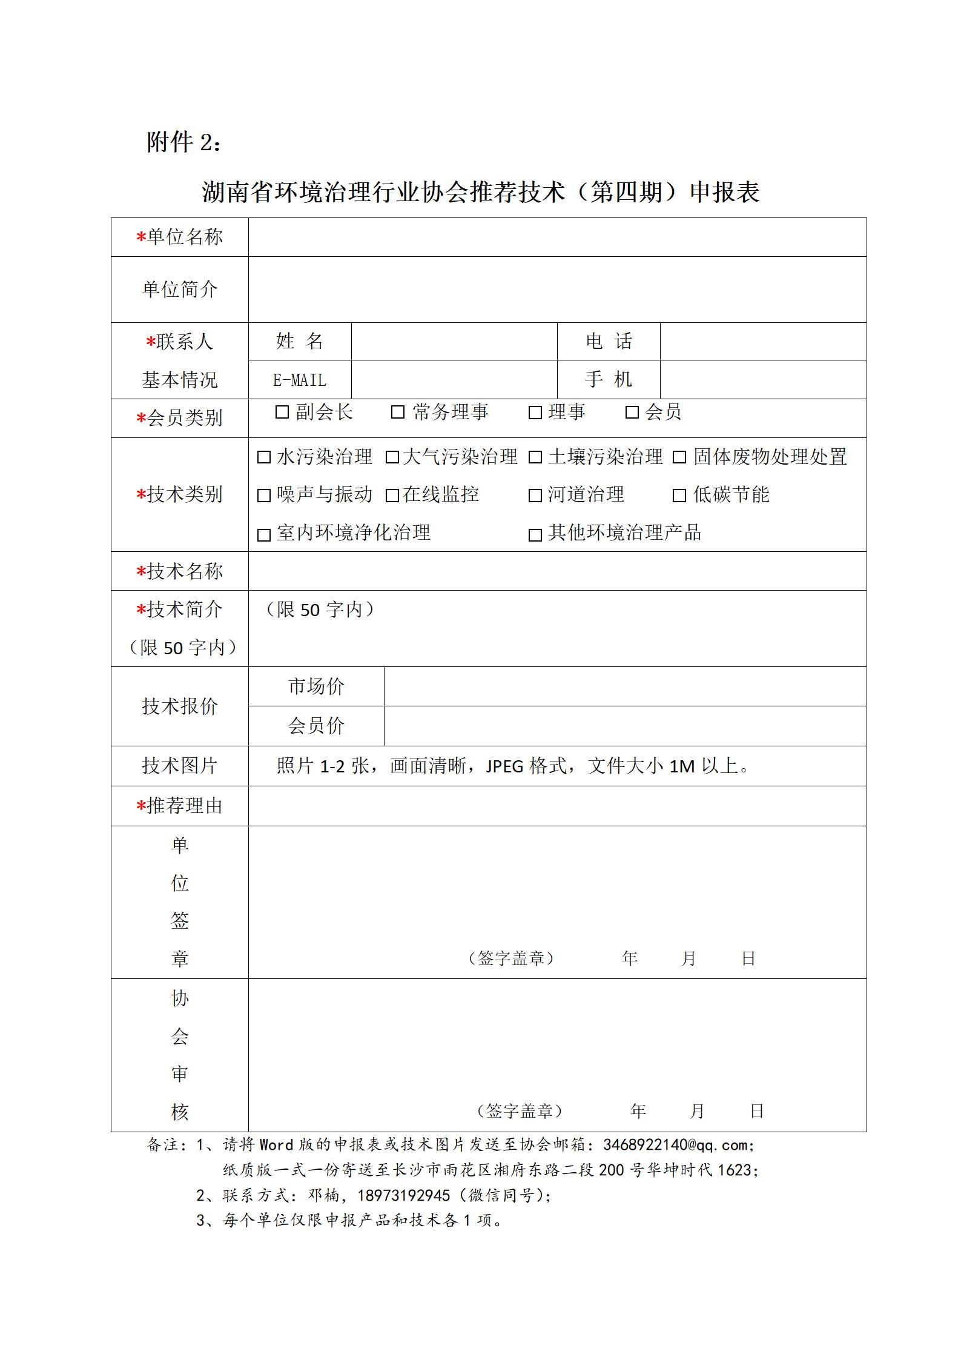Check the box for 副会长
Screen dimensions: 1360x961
click(282, 413)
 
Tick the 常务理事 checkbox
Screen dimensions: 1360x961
click(398, 413)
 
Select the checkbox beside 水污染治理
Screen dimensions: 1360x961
click(264, 457)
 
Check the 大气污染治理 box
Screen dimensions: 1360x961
click(392, 457)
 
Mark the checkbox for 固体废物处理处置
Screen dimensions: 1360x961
click(679, 457)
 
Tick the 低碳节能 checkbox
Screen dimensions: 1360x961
click(679, 496)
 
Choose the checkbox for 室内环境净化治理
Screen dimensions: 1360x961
click(264, 535)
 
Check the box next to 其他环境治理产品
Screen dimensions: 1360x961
click(535, 535)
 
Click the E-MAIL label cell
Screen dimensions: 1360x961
click(300, 380)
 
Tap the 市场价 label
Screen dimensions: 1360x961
click(316, 686)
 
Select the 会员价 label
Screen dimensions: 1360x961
click(316, 726)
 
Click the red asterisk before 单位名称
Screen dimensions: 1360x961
click(141, 237)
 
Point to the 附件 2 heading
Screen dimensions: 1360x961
click(184, 143)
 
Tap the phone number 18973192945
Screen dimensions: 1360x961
click(405, 1195)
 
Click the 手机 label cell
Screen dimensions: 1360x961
click(609, 380)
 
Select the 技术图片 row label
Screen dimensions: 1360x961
click(179, 766)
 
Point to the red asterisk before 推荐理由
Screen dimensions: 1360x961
click(141, 806)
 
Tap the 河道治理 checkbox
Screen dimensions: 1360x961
click(535, 496)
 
